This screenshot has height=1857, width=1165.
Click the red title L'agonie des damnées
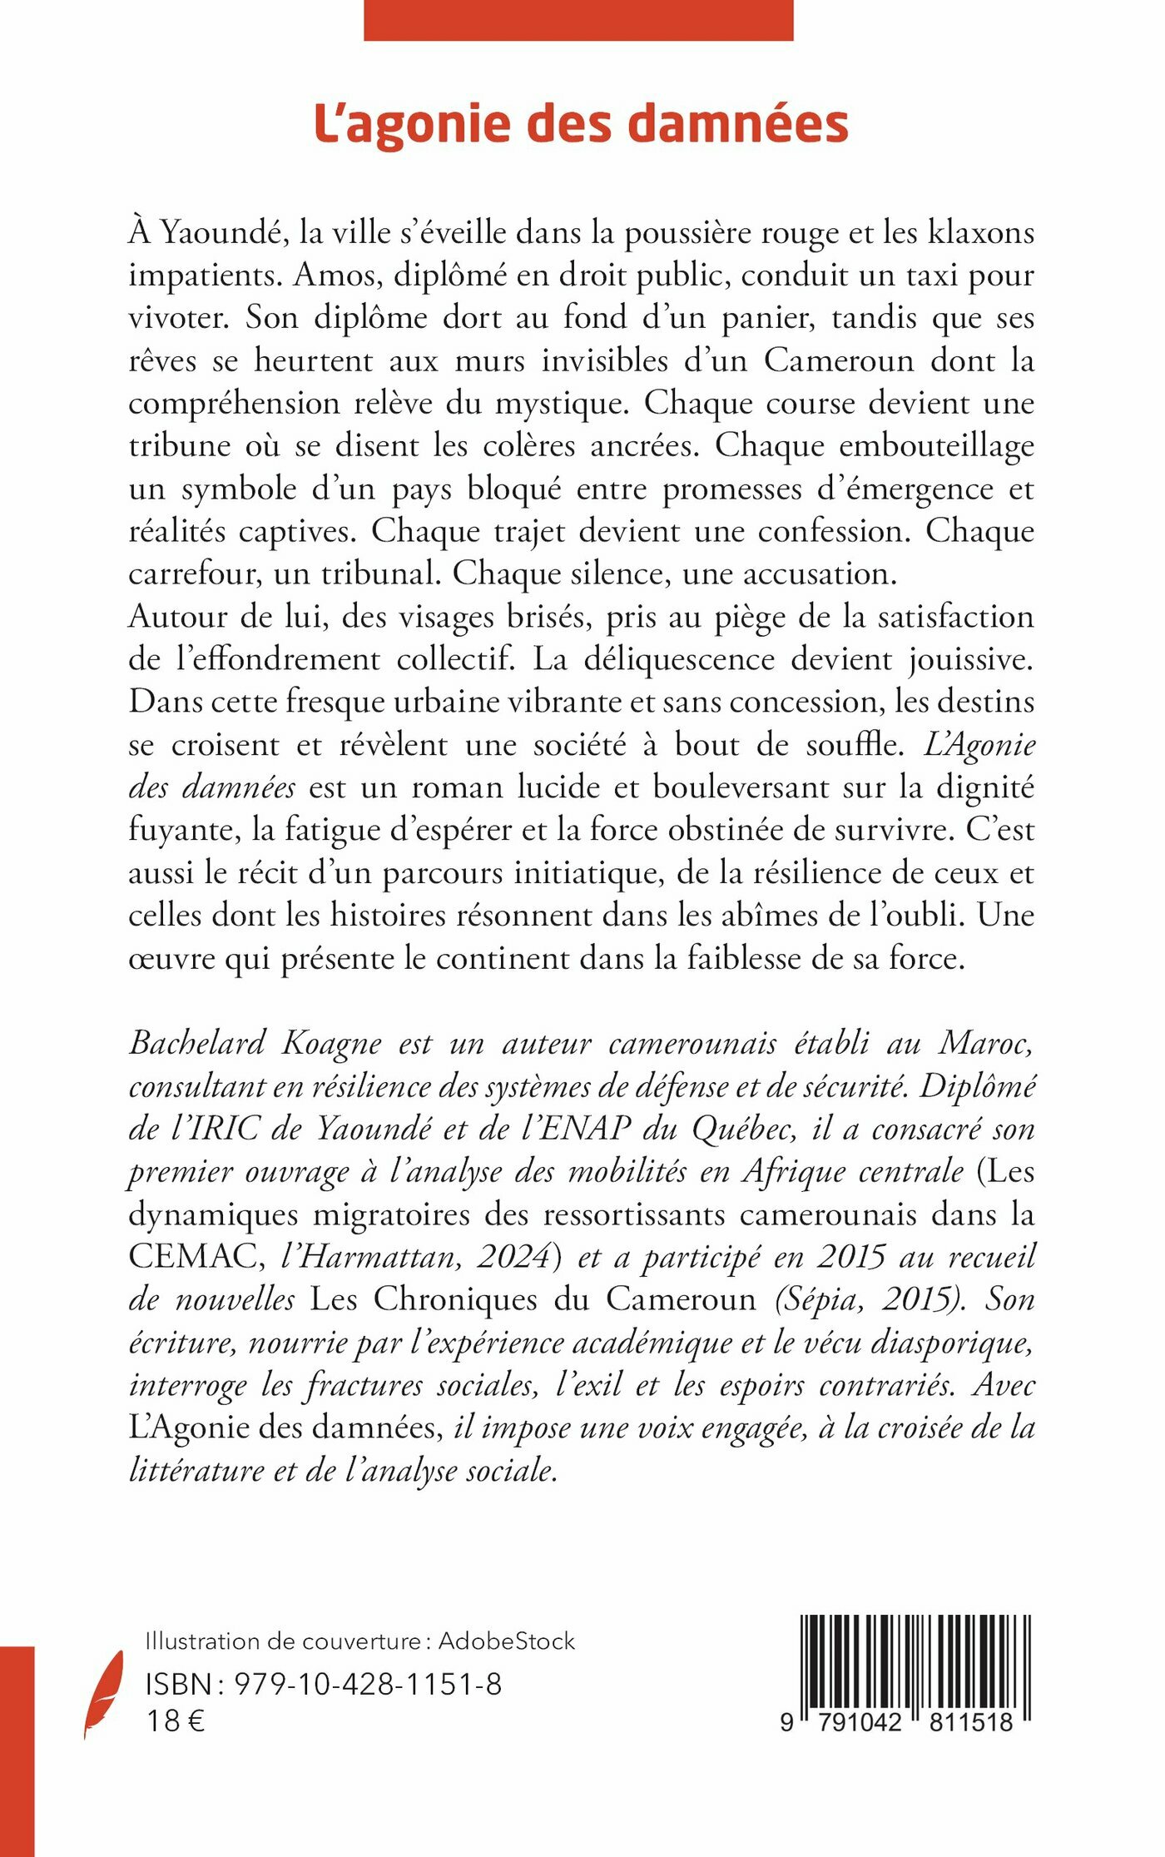tap(581, 124)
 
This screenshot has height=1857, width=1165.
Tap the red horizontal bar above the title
tap(578, 20)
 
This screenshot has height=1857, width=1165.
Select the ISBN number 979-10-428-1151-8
tap(368, 1683)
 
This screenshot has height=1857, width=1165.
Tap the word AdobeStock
tap(507, 1641)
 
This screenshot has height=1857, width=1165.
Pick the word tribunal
tap(380, 573)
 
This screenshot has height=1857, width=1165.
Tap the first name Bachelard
tap(197, 1043)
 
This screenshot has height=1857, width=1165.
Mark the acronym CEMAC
tap(196, 1257)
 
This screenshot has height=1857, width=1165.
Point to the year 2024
tap(516, 1257)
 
